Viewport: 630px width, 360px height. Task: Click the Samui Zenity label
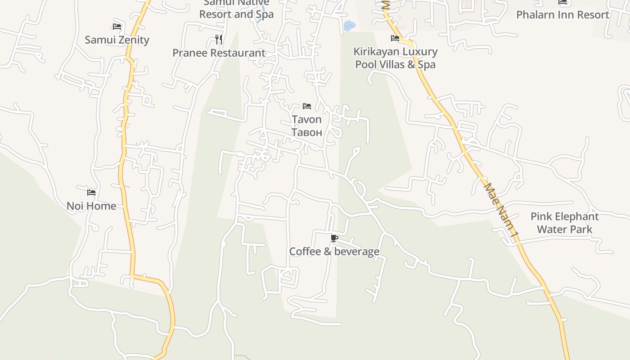tap(117, 40)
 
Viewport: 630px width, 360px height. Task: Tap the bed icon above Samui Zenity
tap(117, 27)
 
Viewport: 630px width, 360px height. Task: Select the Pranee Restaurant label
tap(219, 53)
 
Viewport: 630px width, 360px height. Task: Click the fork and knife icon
tap(219, 39)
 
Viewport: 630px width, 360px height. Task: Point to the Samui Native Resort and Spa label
tap(236, 9)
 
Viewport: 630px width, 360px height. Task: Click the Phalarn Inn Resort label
tap(562, 14)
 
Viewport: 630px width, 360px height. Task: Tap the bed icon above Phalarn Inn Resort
tap(562, 2)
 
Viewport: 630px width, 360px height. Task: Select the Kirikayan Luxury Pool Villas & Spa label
tap(396, 58)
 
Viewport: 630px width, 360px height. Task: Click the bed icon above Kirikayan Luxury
tap(395, 38)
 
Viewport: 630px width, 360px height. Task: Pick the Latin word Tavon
tap(306, 119)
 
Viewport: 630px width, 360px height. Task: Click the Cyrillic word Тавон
tap(306, 132)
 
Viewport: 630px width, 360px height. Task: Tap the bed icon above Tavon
tap(307, 106)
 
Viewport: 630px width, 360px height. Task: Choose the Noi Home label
tap(91, 206)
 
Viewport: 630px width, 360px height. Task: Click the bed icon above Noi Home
tap(91, 193)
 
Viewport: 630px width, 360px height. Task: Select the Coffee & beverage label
tap(334, 251)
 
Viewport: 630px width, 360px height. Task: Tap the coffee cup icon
tap(334, 238)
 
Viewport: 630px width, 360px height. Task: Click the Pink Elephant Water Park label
tap(564, 223)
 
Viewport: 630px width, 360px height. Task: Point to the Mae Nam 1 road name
tap(500, 210)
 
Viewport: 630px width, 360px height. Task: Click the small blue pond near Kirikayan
tap(349, 26)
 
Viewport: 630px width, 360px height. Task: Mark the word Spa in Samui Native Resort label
tap(265, 14)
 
